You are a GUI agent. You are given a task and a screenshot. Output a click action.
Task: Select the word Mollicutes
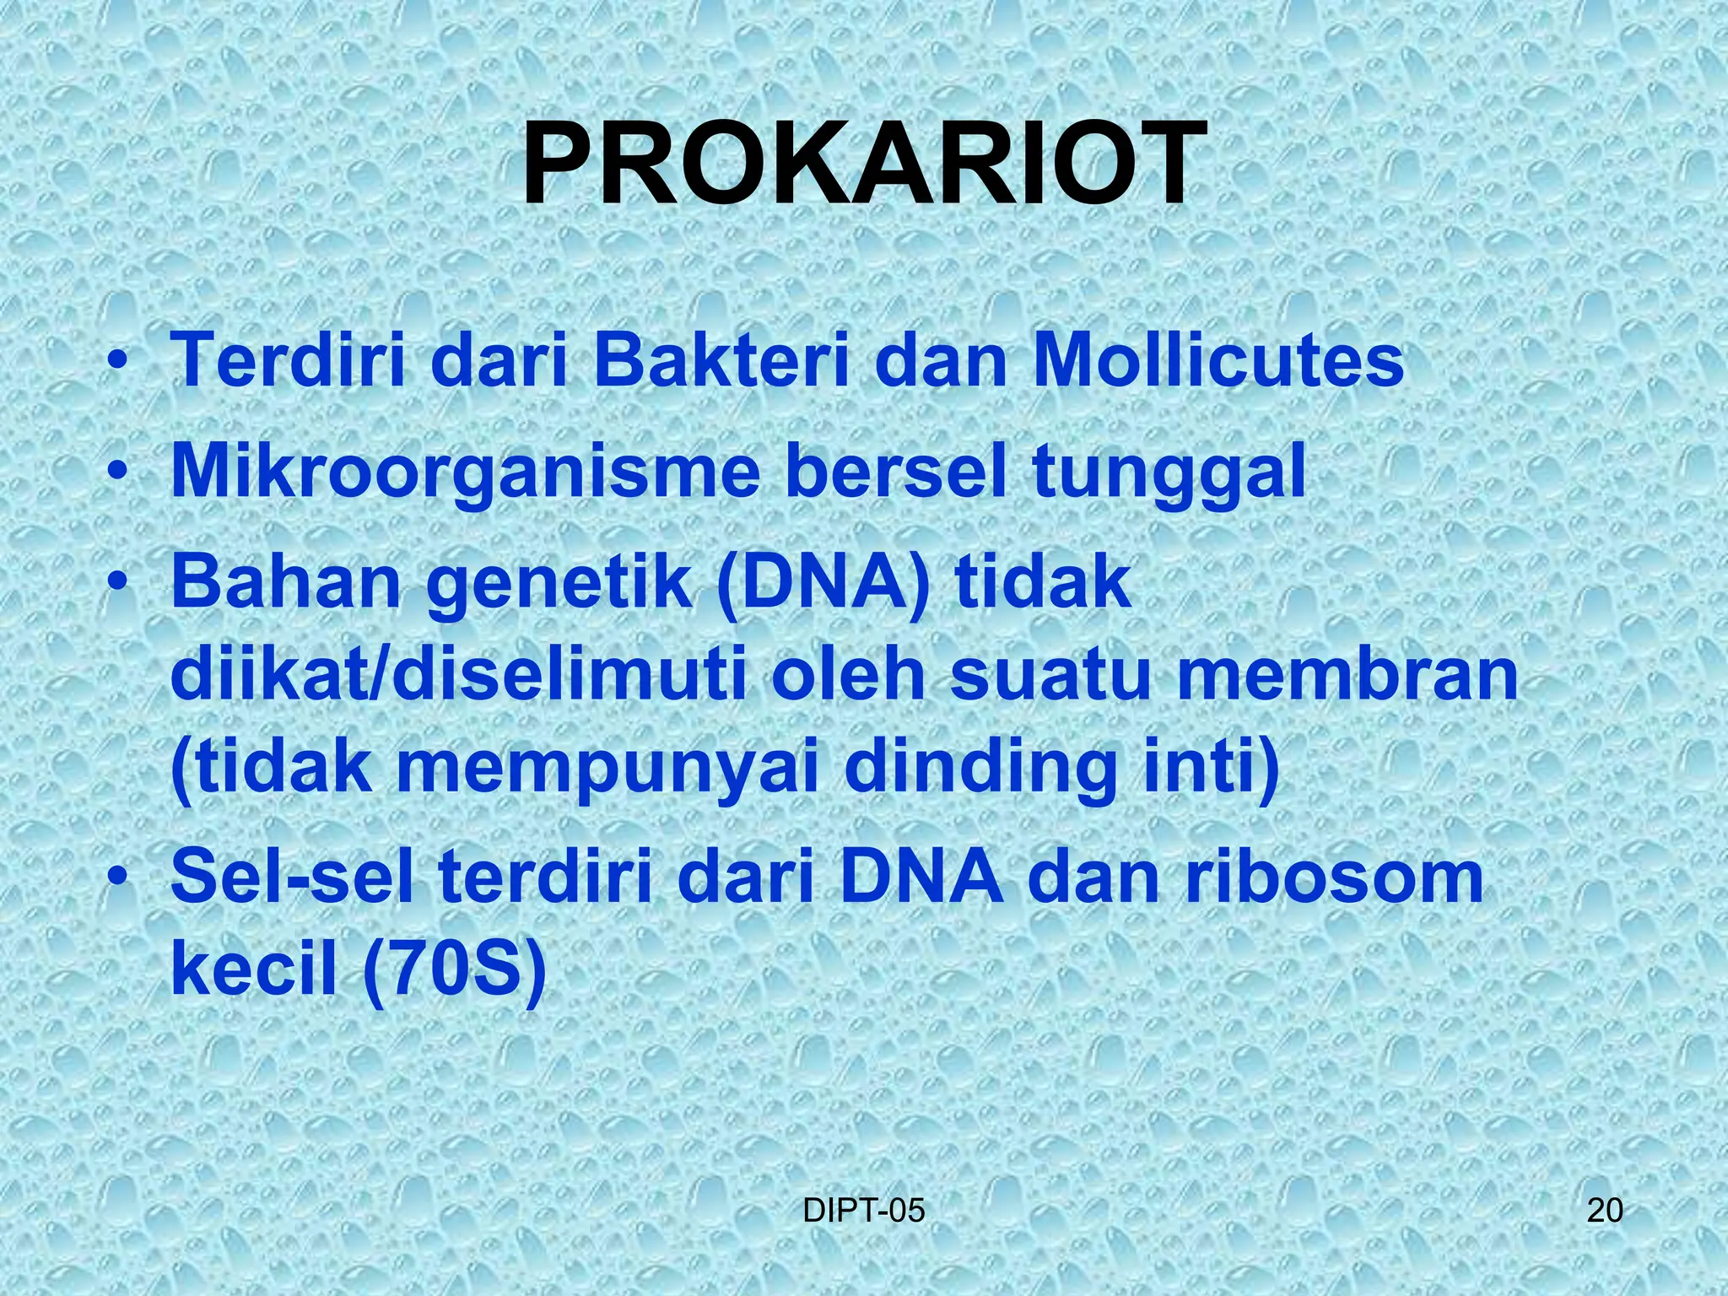tap(1218, 360)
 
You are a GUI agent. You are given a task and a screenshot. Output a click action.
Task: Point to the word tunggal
tap(1169, 472)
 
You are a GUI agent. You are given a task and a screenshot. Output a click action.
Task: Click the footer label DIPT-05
tap(863, 1211)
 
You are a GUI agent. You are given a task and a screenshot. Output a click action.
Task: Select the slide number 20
tap(1604, 1211)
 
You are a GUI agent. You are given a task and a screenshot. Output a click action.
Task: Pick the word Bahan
tap(286, 584)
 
